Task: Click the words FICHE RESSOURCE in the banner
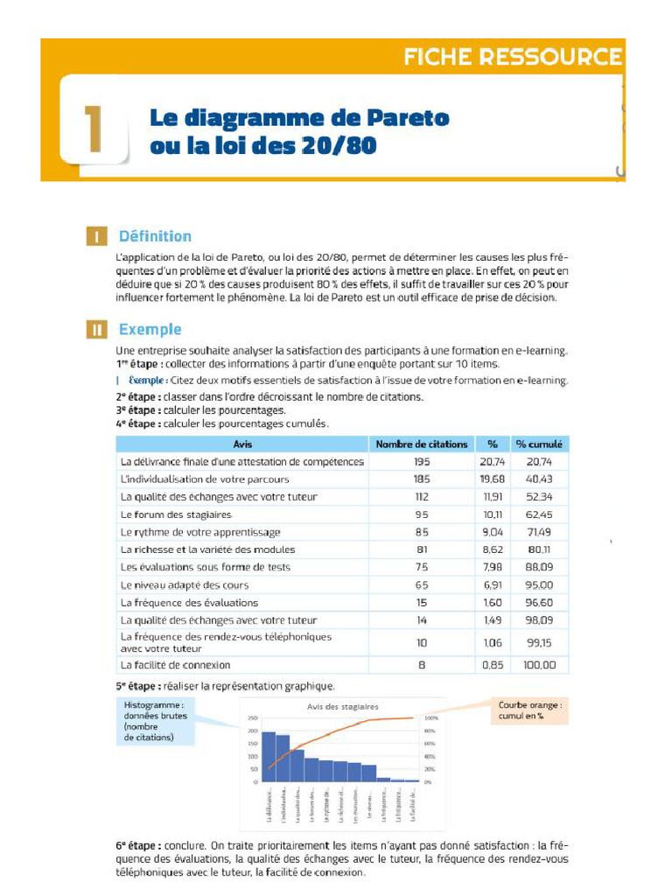[x=513, y=58]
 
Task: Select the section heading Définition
[x=155, y=236]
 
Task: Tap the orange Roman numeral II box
[x=97, y=330]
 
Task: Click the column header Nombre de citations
[x=422, y=444]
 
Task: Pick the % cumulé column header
[x=540, y=444]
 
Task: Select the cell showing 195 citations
[x=422, y=462]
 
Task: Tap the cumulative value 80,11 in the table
[x=540, y=549]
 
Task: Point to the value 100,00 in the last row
[x=540, y=665]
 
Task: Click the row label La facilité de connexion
[x=175, y=665]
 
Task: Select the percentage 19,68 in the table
[x=493, y=479]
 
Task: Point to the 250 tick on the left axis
[x=253, y=717]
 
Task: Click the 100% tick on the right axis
[x=430, y=717]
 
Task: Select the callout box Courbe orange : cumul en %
[x=529, y=710]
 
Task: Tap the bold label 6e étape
[x=137, y=846]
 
